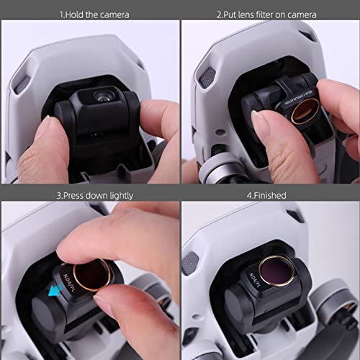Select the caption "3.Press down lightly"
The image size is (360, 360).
click(89, 195)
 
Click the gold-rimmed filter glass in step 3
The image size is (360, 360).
click(94, 274)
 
